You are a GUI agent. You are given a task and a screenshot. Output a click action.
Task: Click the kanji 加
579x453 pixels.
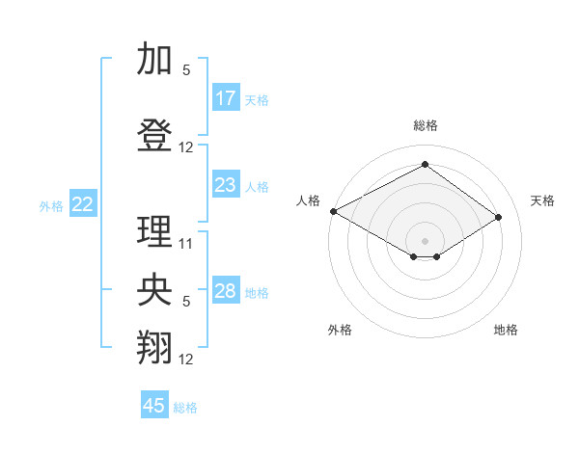tap(154, 59)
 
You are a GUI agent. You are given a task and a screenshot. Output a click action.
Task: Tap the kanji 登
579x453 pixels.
tap(154, 137)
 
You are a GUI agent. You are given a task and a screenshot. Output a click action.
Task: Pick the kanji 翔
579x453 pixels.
tap(154, 348)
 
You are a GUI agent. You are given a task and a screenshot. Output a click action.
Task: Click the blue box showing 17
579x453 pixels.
tap(226, 97)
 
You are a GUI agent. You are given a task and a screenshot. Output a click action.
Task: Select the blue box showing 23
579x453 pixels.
tap(226, 185)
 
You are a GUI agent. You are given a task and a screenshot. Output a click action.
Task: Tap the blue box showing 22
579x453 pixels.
tap(83, 203)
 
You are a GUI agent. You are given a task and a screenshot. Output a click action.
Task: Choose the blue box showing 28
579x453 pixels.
tap(226, 291)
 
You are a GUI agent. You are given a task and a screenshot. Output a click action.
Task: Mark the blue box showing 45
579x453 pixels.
tap(154, 406)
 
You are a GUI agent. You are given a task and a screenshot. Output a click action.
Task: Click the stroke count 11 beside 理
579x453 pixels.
tap(186, 244)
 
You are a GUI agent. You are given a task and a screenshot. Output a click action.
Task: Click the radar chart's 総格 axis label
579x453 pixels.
tap(425, 125)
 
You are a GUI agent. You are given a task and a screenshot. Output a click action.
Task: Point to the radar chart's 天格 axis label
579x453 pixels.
tap(543, 200)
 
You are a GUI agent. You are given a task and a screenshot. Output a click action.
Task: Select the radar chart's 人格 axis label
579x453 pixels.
tap(309, 200)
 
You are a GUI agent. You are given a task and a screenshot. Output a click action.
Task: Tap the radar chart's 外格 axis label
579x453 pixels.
tap(340, 330)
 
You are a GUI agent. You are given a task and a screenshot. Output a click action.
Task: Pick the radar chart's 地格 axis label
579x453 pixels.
tap(506, 330)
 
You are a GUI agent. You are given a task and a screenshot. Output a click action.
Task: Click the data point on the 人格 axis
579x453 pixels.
tap(333, 211)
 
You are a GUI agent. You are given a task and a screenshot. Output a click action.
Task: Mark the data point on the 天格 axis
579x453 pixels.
tap(499, 217)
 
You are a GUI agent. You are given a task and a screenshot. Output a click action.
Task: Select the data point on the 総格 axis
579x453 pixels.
tap(425, 164)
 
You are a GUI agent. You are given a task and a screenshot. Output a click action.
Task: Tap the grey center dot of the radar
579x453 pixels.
tap(425, 240)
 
